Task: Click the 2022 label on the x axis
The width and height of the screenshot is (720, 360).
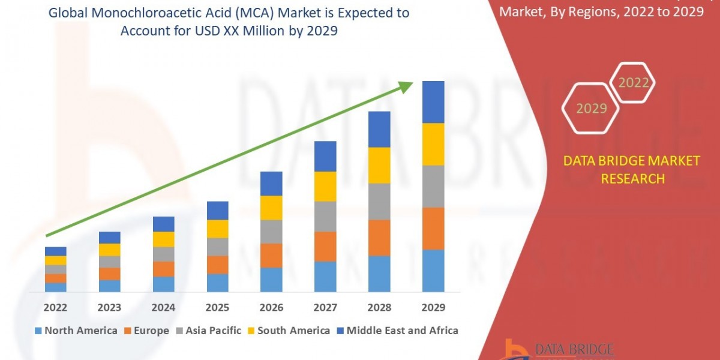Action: tap(55, 307)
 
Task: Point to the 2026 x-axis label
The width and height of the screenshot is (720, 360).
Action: tap(271, 307)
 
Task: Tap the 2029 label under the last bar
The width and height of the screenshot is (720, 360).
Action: tap(433, 307)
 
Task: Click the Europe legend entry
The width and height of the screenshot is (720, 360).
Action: tap(146, 331)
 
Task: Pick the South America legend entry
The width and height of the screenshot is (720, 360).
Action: tap(288, 331)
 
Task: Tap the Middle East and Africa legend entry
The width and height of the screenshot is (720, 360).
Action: tap(397, 331)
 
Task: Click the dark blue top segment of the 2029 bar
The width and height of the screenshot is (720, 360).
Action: tap(433, 102)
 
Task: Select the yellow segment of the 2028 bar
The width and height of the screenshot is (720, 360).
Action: tap(379, 165)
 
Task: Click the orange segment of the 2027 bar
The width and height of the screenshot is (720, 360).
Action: tap(325, 246)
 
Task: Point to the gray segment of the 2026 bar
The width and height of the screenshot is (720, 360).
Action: tap(271, 232)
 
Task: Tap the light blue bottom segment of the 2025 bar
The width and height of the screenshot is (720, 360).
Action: tap(217, 283)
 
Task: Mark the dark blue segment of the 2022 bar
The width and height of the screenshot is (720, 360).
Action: tap(55, 251)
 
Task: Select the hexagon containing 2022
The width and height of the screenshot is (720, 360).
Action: tap(633, 83)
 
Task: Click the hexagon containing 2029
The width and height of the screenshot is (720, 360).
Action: tap(591, 109)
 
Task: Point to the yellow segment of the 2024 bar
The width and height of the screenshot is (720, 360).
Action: tap(163, 239)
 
